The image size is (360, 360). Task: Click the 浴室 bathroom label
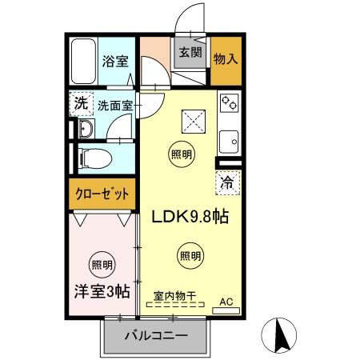114,60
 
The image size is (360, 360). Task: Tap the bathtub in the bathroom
82,62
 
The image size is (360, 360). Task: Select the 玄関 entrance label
189,54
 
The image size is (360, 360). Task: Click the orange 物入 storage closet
225,58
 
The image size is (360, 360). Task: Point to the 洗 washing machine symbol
80,103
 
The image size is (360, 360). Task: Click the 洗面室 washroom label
114,105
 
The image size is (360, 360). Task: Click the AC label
226,302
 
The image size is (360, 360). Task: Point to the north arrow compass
282,334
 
